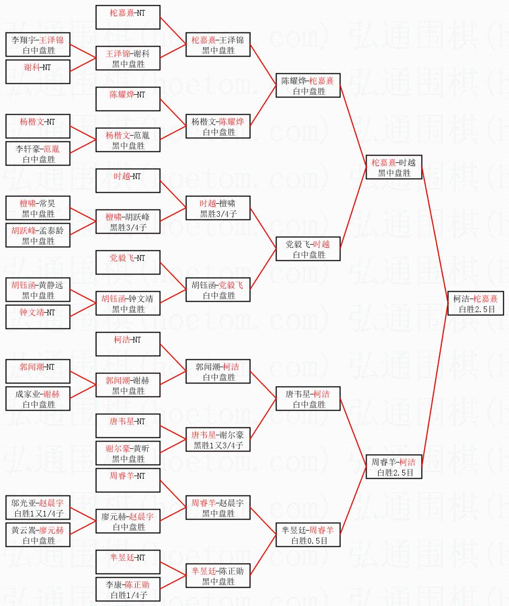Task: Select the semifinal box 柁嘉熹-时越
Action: pos(394,168)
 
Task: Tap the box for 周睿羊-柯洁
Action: pos(394,467)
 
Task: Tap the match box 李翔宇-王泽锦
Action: pos(38,45)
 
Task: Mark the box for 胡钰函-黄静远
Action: pos(38,290)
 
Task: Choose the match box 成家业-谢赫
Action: pos(38,399)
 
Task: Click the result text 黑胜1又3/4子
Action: pos(218,446)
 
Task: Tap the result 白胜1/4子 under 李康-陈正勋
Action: pos(128,596)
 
